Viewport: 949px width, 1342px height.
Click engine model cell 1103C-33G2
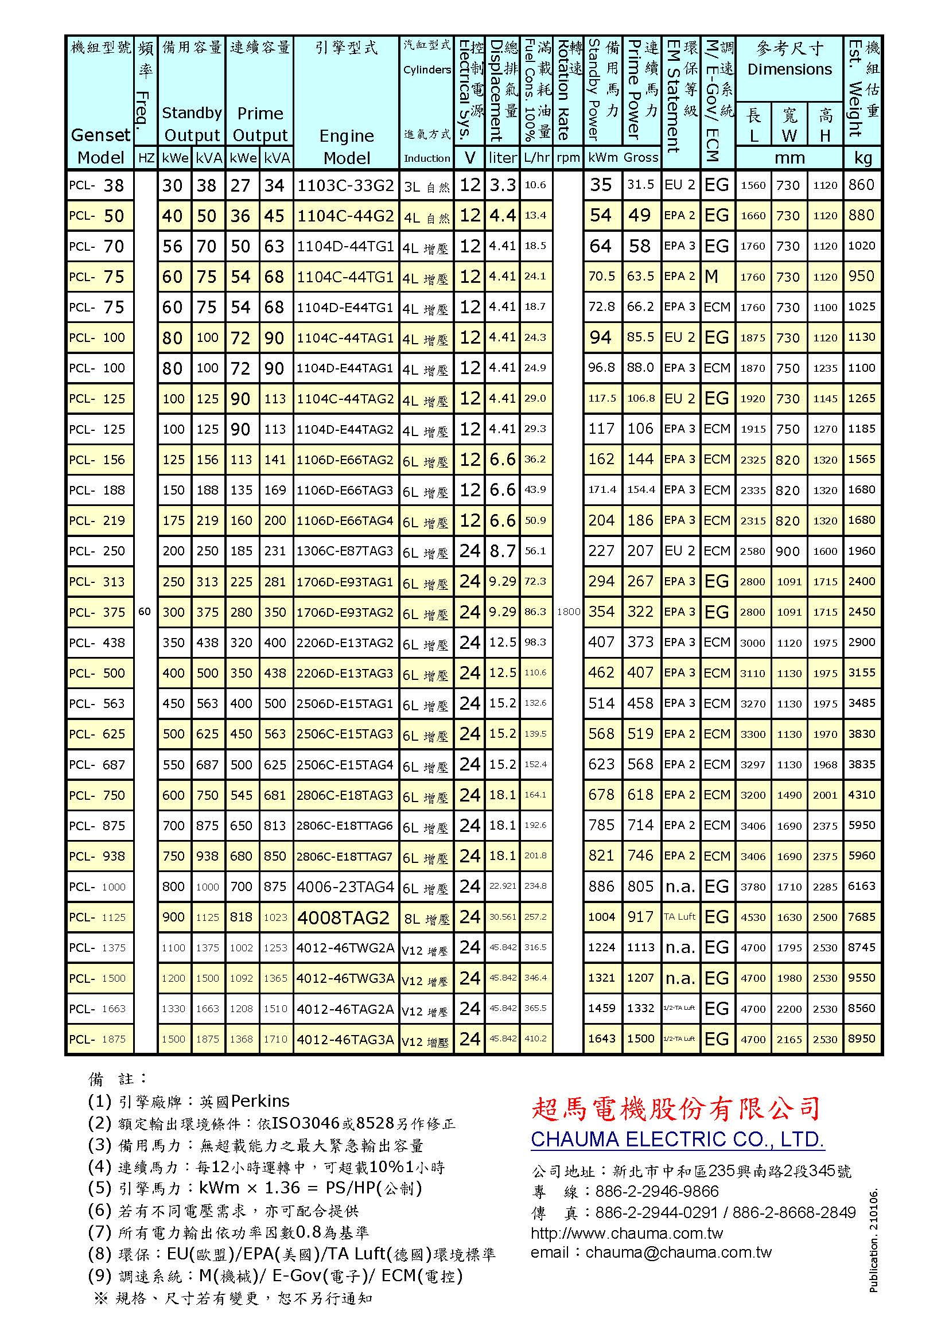pos(346,185)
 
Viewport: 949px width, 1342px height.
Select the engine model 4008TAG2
pos(343,917)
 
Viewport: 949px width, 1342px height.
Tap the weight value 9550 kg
pos(862,978)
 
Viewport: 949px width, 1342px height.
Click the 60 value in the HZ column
pos(145,612)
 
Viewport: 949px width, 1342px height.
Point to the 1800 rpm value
pos(568,612)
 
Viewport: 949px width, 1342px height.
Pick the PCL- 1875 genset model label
pos(98,1039)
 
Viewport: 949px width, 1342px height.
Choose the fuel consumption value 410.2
pos(535,1039)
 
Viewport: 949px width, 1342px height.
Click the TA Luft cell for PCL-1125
pos(679,917)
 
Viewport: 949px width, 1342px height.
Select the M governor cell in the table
pos(711,277)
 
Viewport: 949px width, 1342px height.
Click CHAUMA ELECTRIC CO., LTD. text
pos(677,1140)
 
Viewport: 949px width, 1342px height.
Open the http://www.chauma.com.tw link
pos(627,1234)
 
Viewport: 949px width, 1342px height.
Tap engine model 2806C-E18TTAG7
pos(345,856)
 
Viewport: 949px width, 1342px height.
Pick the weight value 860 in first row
pos(861,185)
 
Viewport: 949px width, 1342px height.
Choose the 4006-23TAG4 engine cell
pos(345,886)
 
